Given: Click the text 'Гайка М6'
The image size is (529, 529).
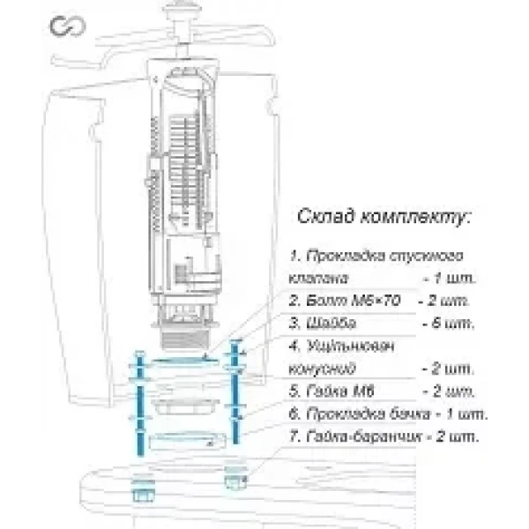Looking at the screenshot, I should coord(328,391).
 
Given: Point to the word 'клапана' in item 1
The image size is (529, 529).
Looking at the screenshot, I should coord(317,279).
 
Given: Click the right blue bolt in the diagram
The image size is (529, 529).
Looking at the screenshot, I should coord(235,397).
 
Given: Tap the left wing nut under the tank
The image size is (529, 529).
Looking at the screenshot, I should coord(138,486).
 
